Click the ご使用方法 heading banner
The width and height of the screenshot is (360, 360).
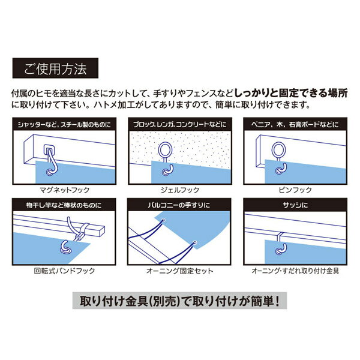coord(55,68)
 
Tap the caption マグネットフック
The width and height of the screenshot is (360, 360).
coord(65,190)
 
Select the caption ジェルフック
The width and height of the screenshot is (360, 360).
coord(180,190)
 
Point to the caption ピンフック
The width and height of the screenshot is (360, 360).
coord(295,190)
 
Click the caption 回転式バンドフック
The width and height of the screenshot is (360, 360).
coord(64,271)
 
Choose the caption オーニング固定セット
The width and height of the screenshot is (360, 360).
coord(180,271)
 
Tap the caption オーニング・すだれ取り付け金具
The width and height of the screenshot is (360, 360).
coord(295,271)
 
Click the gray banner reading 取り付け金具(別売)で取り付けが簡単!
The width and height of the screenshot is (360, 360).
coord(179,301)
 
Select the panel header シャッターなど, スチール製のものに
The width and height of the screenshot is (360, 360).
coord(64,124)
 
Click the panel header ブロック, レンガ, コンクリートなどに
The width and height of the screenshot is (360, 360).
coord(180,124)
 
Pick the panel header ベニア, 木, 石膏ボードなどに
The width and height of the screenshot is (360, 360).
coord(295,124)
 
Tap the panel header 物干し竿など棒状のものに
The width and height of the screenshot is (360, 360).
coord(64,205)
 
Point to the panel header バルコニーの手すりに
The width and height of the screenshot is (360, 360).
coord(179,205)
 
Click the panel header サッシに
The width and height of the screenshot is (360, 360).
coord(295,205)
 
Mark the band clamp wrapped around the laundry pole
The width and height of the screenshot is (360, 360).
coord(84,230)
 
